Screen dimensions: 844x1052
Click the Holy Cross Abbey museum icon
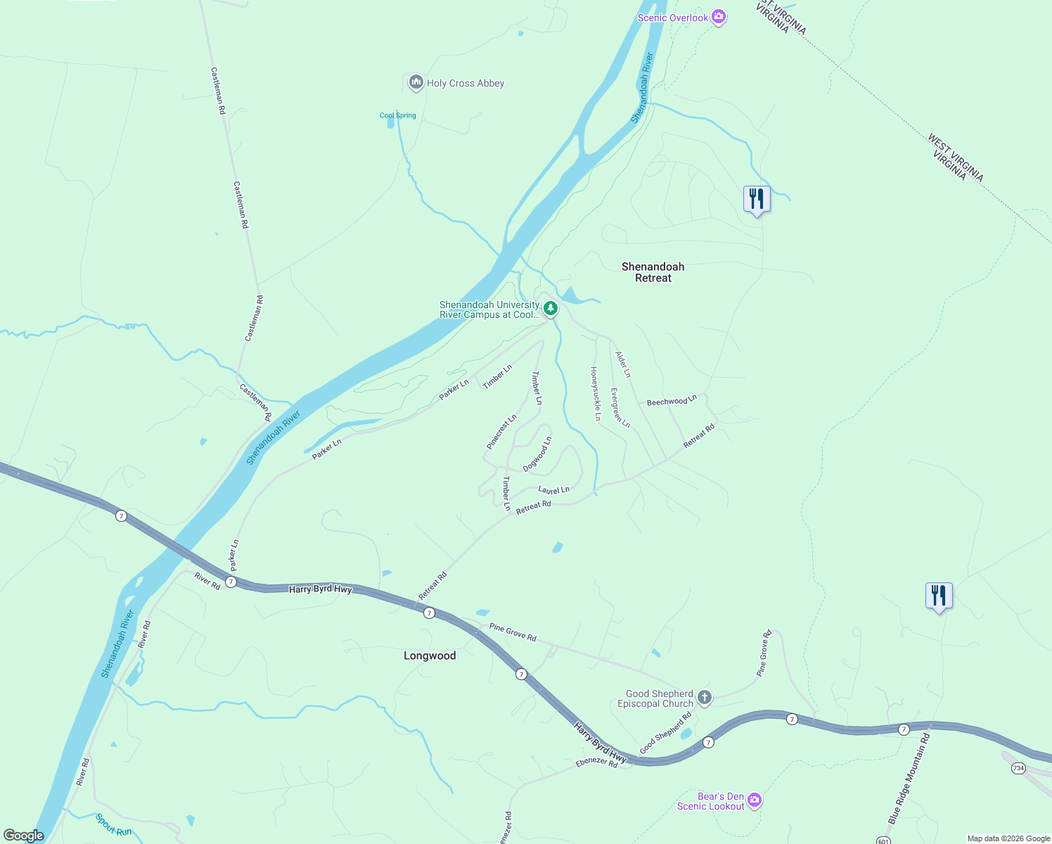pos(416,82)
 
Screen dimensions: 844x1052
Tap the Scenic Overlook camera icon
pos(718,17)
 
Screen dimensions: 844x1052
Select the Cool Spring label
pos(397,115)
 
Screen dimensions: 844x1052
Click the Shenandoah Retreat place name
pos(653,272)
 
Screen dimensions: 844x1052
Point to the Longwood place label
pos(430,656)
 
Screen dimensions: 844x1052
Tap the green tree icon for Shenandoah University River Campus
pos(550,308)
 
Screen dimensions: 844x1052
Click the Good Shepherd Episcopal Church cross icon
pos(705,698)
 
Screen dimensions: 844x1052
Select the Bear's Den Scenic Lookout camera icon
pos(755,800)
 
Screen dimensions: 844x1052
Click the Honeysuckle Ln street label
pos(596,394)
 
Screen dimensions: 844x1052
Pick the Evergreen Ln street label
pos(620,408)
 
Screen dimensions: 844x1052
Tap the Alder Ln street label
pos(623,364)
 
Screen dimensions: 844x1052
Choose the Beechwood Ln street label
pos(672,401)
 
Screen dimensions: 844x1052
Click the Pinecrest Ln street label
pos(501,432)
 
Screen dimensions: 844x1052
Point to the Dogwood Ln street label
pos(537,454)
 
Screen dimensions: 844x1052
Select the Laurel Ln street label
pos(553,490)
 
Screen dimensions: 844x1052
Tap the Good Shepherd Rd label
pos(665,733)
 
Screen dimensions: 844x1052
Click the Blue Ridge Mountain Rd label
pos(909,779)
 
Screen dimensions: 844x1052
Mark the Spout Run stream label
pos(113,824)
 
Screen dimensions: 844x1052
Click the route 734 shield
pos(1018,768)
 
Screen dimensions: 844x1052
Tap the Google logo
pos(23,836)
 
